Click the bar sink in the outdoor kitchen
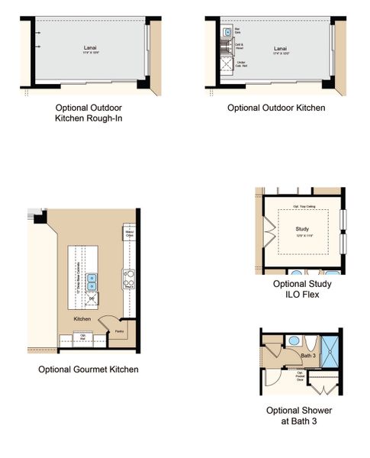[x=227, y=34]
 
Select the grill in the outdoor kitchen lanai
[x=227, y=65]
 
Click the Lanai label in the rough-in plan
[x=90, y=47]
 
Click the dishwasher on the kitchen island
[x=92, y=298]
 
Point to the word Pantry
[x=119, y=331]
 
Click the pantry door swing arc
[x=111, y=321]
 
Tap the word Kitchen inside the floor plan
[x=82, y=318]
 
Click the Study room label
[x=304, y=228]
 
